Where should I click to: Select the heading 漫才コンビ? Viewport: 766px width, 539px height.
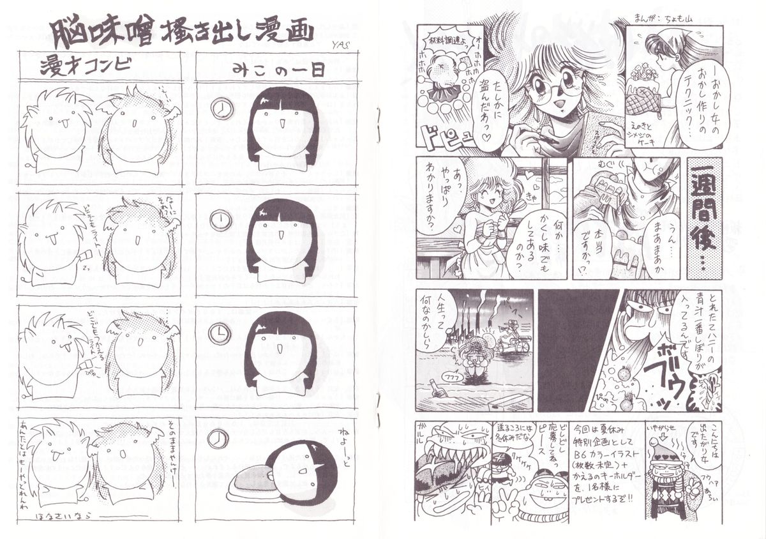tap(86, 66)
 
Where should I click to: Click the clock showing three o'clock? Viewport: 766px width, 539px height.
tap(218, 333)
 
